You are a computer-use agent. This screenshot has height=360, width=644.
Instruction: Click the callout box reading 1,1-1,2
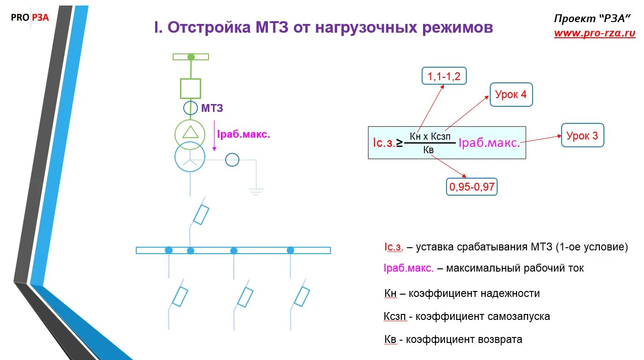click(444, 76)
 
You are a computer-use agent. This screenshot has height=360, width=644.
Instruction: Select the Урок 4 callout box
click(511, 95)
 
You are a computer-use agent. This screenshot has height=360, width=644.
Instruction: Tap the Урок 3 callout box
click(582, 135)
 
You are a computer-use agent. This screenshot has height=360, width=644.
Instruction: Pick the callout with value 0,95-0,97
click(471, 187)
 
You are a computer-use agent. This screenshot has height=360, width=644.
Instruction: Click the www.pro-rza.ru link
click(594, 33)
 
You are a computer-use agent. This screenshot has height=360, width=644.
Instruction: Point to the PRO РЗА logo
click(30, 17)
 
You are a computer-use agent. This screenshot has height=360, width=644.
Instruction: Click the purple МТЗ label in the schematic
click(212, 109)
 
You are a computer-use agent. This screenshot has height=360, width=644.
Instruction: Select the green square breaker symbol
click(190, 88)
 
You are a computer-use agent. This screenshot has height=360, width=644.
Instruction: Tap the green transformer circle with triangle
click(190, 134)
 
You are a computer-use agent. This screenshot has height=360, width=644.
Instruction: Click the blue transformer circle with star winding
click(190, 157)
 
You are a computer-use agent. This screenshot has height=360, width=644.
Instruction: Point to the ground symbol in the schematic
click(256, 190)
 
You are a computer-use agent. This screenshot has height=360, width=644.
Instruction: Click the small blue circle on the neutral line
click(232, 160)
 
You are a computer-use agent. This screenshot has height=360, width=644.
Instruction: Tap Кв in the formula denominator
click(428, 150)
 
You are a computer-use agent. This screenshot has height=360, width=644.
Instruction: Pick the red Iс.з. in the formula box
click(384, 143)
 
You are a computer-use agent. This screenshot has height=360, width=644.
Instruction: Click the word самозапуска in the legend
click(518, 317)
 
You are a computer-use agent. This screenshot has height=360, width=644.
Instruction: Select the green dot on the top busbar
click(191, 57)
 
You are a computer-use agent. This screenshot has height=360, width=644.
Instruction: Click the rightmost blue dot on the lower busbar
click(290, 250)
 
